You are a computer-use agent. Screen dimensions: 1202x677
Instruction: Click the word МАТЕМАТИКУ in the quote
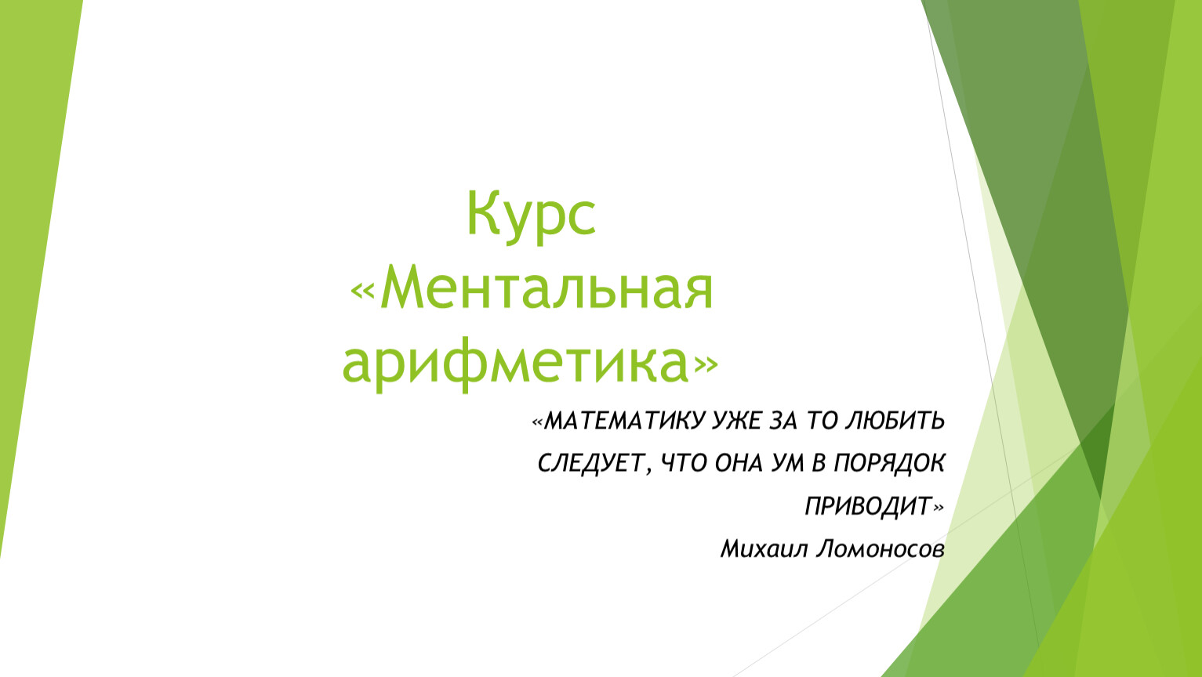tap(623, 421)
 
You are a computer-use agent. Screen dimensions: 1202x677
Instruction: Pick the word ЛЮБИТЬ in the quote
tap(895, 421)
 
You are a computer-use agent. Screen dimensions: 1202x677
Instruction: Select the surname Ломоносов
tap(880, 548)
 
